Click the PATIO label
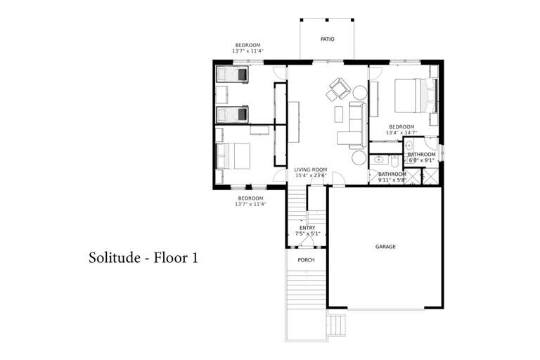tap(327, 39)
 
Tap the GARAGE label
tap(385, 247)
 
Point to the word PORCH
tap(306, 260)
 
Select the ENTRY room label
tap(307, 228)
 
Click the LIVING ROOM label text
tap(311, 170)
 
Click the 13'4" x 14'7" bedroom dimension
tap(401, 132)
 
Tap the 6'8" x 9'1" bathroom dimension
tap(422, 160)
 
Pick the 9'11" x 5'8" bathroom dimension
tap(392, 180)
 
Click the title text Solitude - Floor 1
tap(143, 257)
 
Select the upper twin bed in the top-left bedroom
tap(232, 75)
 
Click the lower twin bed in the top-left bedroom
tap(232, 115)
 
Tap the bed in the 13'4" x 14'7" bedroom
tap(416, 96)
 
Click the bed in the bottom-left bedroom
tap(233, 156)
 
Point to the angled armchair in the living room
tap(340, 88)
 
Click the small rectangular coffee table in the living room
tap(339, 115)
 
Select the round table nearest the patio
tap(360, 93)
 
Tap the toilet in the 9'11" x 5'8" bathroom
tap(394, 160)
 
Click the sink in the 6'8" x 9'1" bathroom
tap(409, 144)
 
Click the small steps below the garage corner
tap(336, 325)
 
